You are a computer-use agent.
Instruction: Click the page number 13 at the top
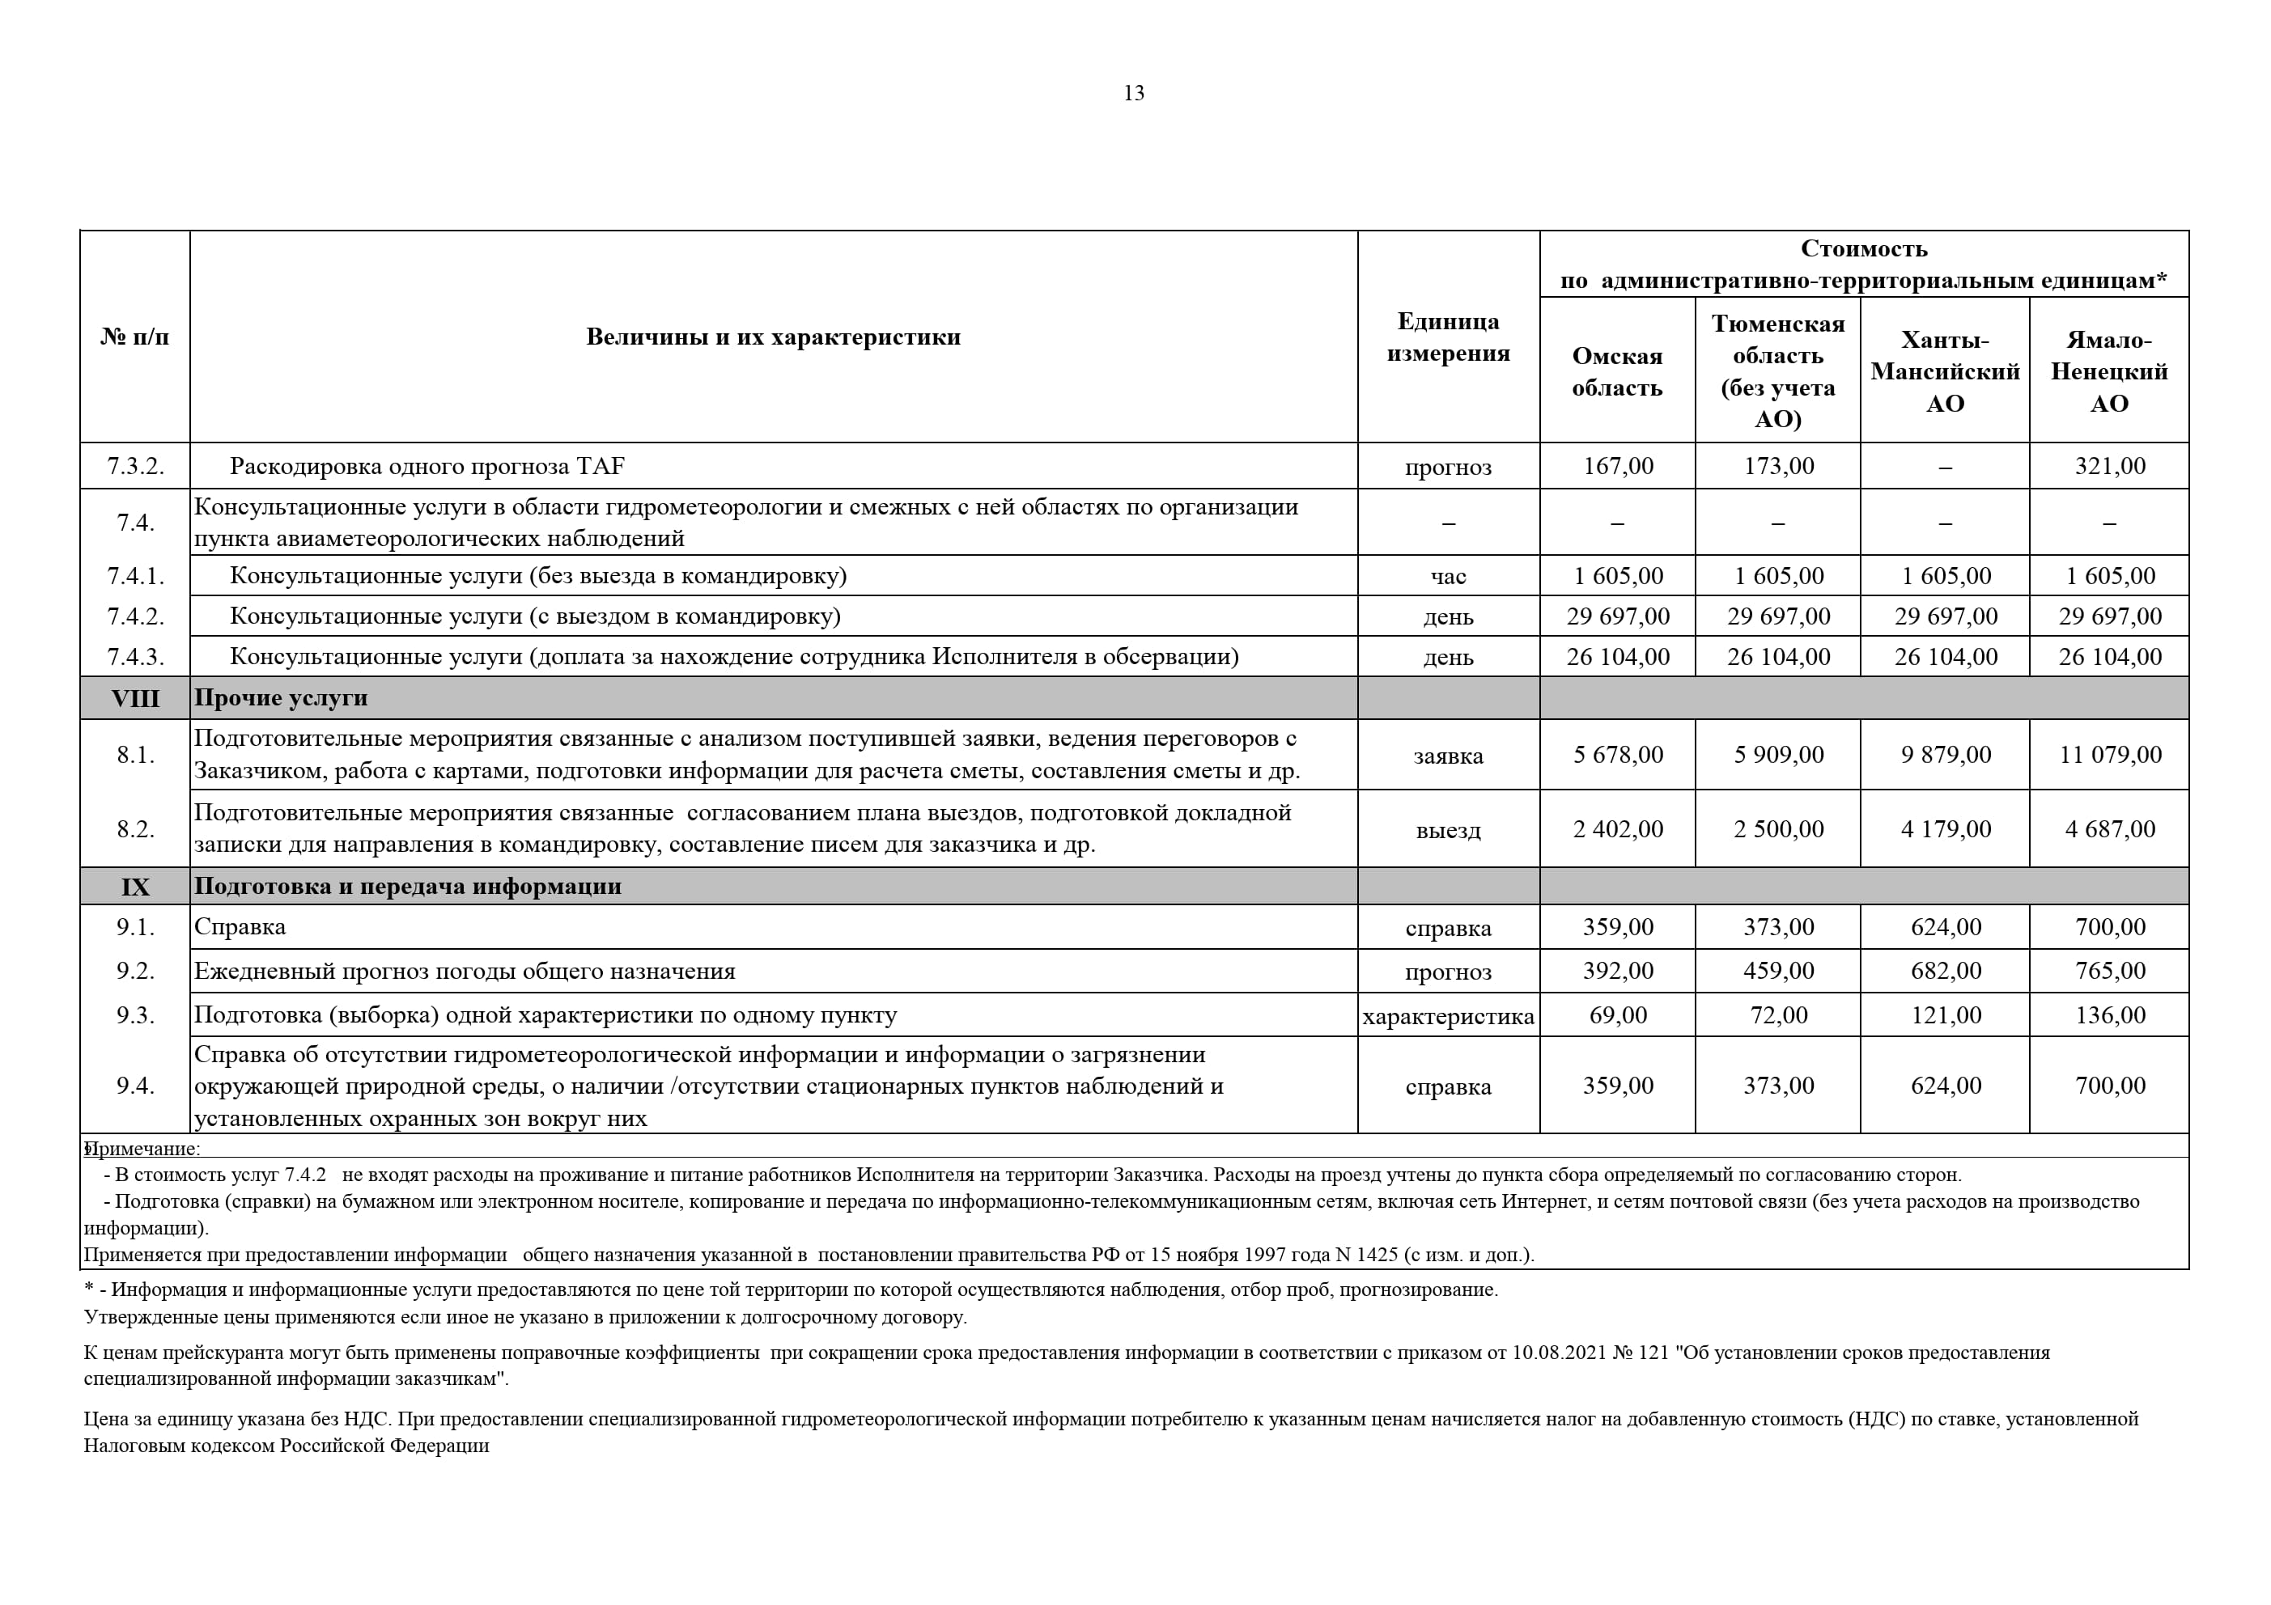click(1134, 93)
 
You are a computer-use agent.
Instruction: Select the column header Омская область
click(1616, 372)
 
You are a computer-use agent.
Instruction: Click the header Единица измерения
click(1447, 337)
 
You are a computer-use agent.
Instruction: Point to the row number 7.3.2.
click(134, 466)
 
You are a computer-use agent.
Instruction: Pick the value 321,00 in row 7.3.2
click(2109, 466)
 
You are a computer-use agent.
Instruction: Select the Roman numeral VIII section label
click(134, 698)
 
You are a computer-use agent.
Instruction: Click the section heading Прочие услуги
click(280, 698)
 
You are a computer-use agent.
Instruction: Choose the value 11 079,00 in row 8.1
click(2110, 755)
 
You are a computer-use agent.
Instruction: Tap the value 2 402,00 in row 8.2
click(1617, 828)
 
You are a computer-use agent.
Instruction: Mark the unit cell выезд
click(1447, 830)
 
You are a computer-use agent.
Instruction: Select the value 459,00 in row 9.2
click(1777, 970)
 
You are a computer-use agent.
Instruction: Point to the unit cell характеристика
click(1447, 1015)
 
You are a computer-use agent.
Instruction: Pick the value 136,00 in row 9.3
click(2109, 1014)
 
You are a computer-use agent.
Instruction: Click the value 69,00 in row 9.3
click(1617, 1014)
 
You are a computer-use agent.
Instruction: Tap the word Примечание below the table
click(144, 1148)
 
